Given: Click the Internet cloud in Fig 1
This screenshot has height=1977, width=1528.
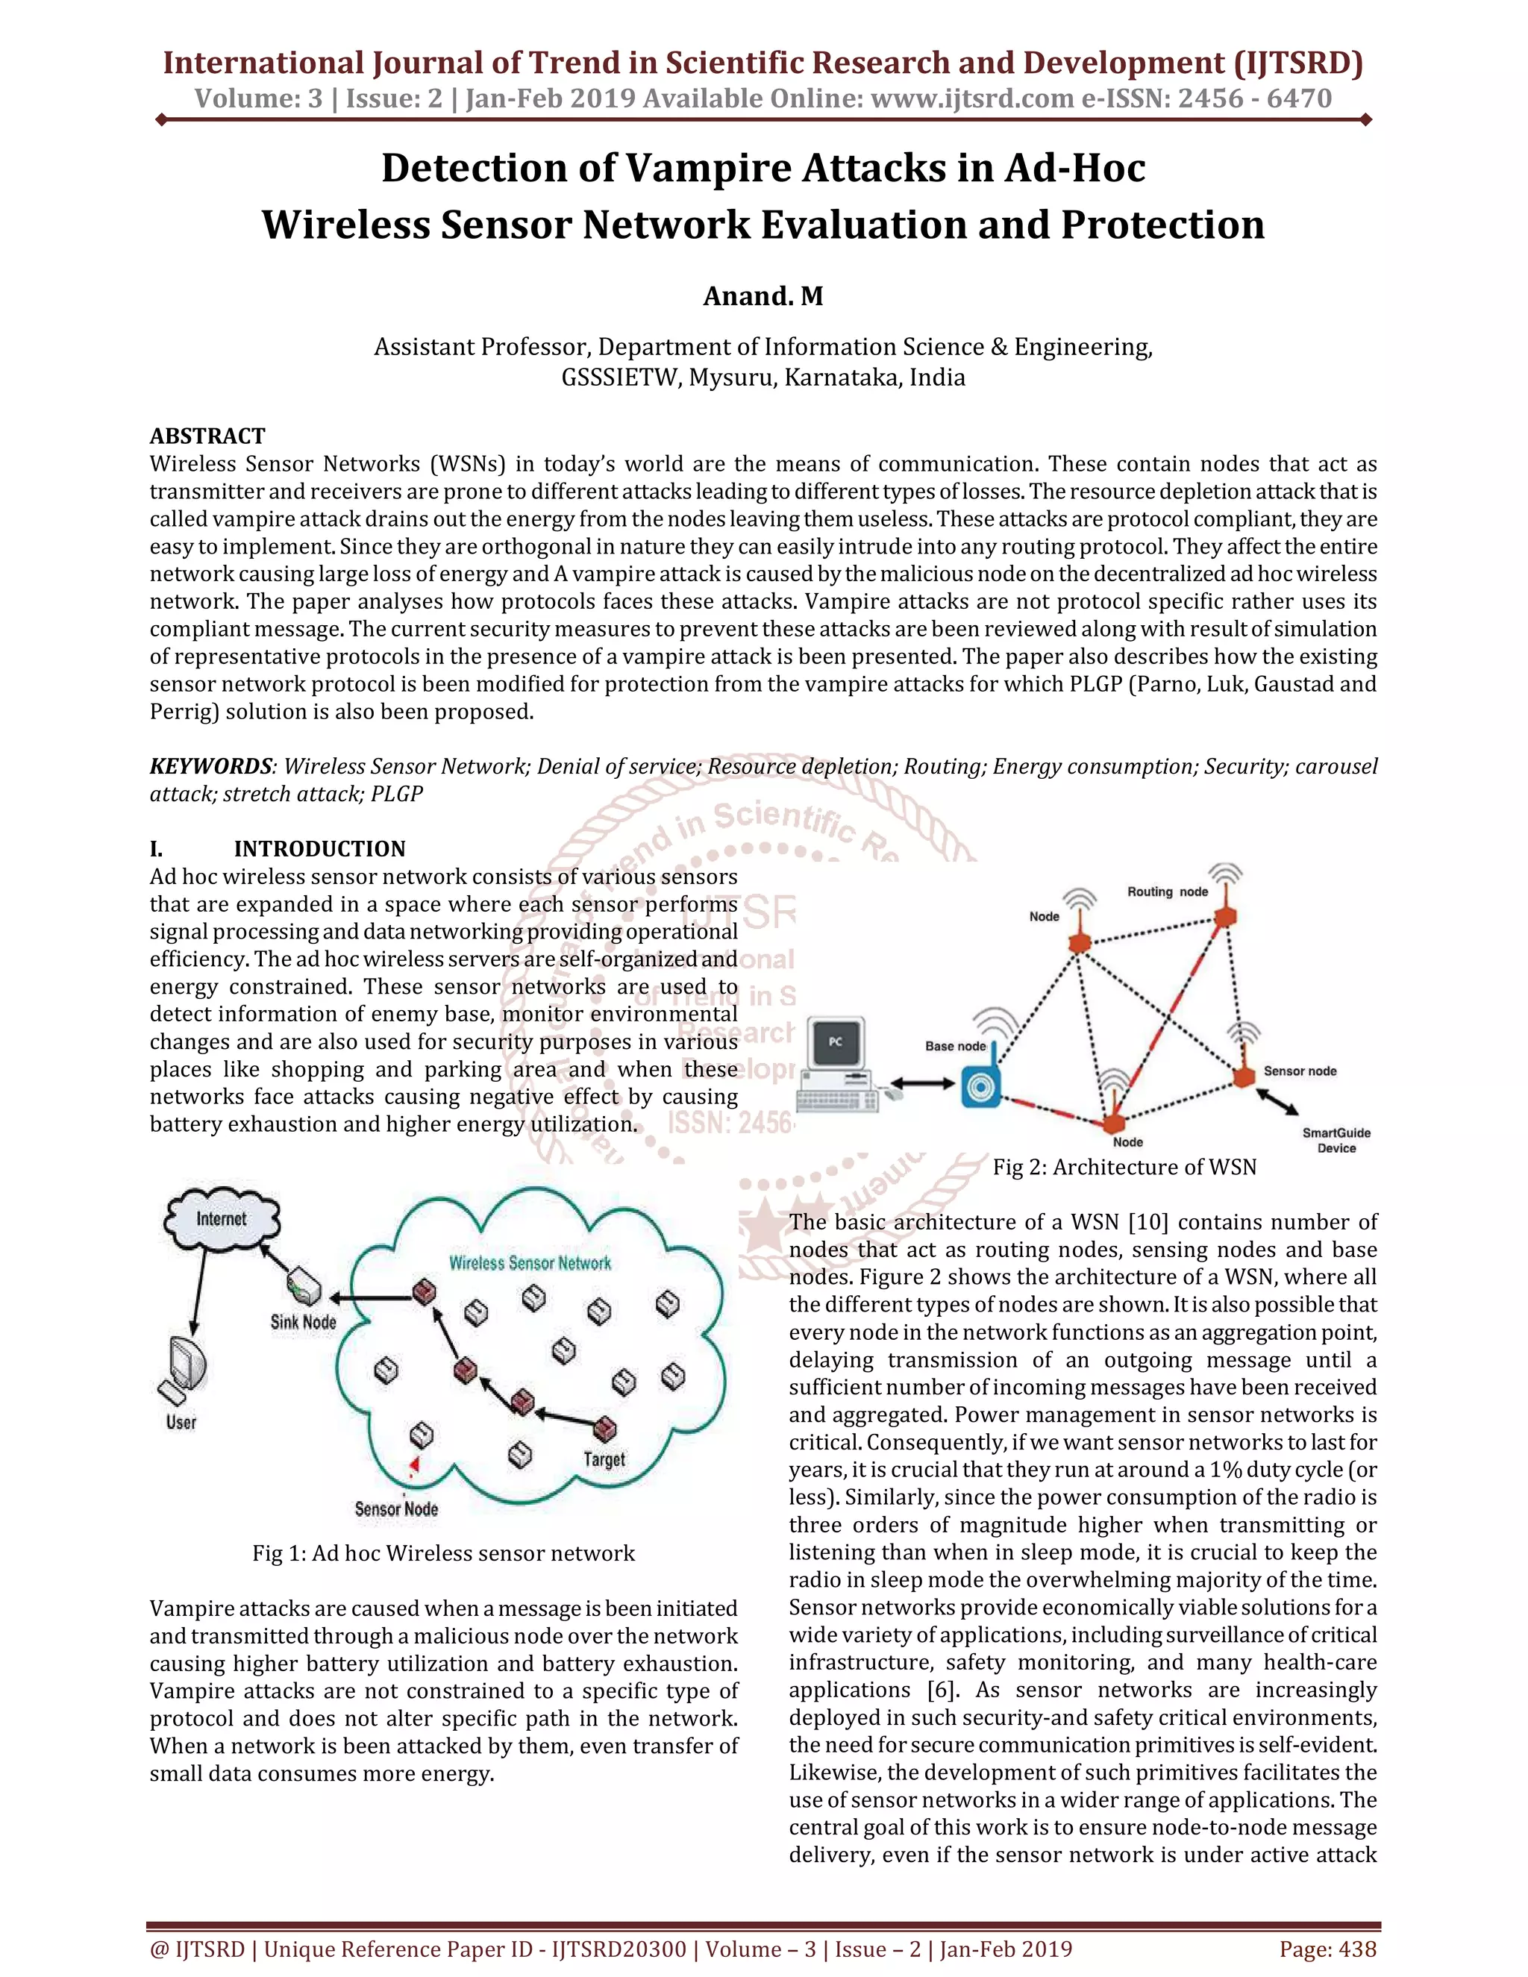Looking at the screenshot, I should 222,1221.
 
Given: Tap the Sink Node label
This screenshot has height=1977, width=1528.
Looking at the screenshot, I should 303,1322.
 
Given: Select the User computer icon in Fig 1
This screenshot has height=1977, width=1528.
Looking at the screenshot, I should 185,1370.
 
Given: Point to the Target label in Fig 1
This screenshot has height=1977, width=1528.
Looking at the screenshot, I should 604,1459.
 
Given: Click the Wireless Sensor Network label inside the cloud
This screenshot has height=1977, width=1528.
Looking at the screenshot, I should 530,1263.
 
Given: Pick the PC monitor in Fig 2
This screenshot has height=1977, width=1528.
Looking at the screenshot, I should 836,1043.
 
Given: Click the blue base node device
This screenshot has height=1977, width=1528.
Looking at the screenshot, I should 980,1086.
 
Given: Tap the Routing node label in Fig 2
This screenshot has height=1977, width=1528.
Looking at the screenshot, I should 1168,892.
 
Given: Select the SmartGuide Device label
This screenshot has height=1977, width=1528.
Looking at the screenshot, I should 1336,1141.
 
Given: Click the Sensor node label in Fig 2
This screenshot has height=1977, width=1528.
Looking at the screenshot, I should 1300,1071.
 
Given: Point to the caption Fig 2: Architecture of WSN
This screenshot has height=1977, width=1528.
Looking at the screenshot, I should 1124,1168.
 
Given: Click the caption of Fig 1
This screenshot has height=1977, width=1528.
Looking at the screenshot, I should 444,1553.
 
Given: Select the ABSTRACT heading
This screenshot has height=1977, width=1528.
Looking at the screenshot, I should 207,436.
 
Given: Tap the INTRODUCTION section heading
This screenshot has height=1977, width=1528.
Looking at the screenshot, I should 319,849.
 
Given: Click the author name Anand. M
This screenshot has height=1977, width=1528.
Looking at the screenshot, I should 763,296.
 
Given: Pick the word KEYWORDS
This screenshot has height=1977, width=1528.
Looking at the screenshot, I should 210,767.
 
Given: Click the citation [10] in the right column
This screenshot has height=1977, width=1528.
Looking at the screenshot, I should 1147,1222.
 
